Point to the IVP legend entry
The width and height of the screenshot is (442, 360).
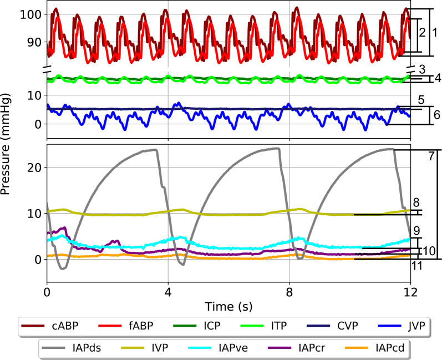[x=156, y=348]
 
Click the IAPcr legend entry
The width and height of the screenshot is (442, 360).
[x=303, y=348]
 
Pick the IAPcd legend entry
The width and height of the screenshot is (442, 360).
[x=380, y=348]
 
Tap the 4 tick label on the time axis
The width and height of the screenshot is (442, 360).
[x=168, y=291]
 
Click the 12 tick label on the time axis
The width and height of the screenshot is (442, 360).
[x=410, y=291]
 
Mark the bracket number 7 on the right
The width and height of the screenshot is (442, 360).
[x=430, y=156]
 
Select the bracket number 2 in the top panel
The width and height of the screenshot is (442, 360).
[x=422, y=33]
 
